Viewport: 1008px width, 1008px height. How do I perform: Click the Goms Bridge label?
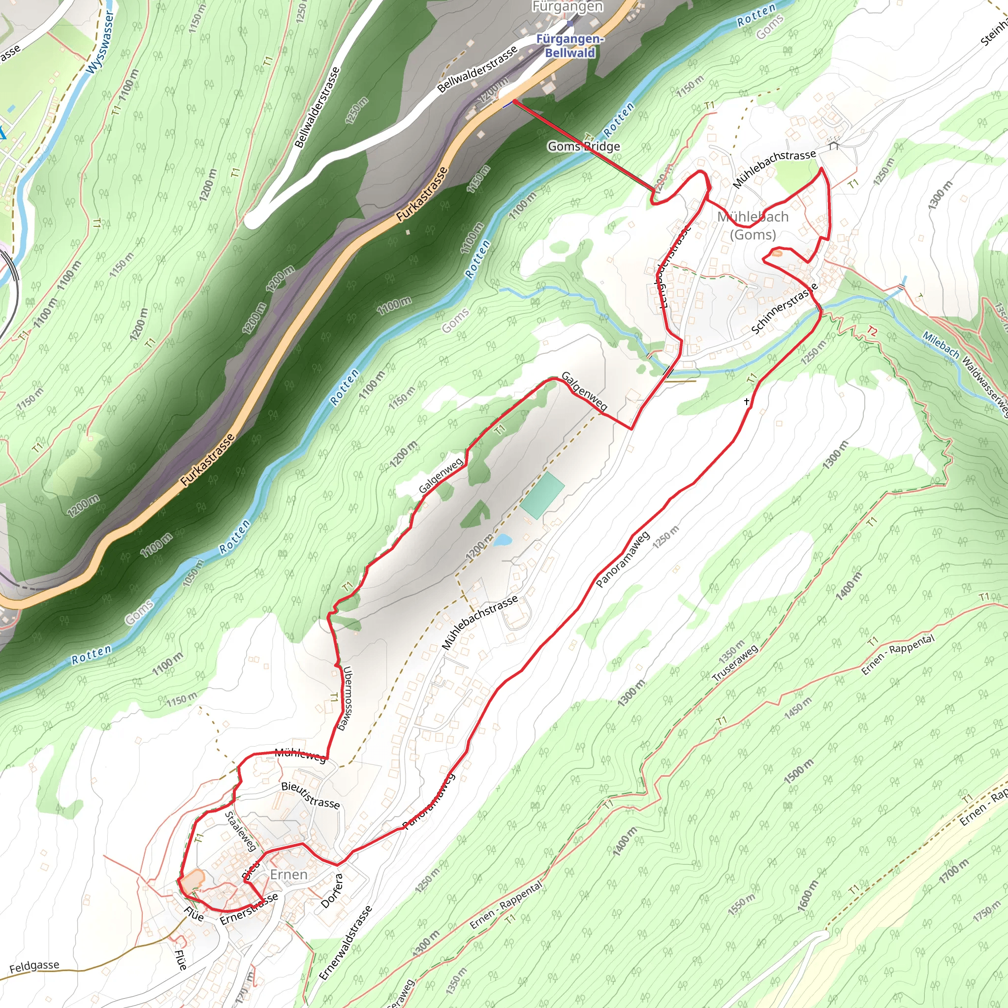point(583,147)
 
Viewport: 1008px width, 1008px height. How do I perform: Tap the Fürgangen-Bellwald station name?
point(570,46)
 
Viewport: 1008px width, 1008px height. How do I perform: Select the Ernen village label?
point(288,875)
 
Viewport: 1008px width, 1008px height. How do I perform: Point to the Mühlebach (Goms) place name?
point(753,225)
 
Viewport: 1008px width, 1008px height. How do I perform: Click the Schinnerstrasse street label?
point(784,310)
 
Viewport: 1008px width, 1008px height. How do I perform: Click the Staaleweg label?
point(241,831)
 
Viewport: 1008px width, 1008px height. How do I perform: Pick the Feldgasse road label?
point(34,967)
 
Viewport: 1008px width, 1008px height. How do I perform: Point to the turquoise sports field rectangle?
point(541,495)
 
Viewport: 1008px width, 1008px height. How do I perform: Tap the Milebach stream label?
point(940,345)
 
